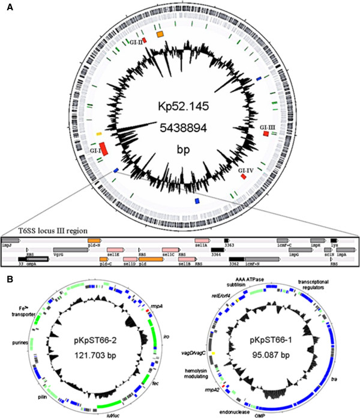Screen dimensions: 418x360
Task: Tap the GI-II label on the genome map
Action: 135,43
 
